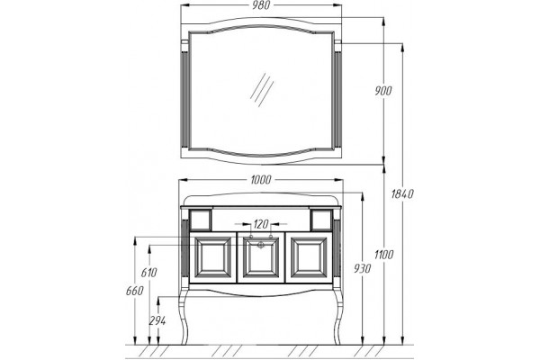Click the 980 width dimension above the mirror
(x=261, y=5)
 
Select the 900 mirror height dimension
(x=383, y=91)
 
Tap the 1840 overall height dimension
(x=402, y=194)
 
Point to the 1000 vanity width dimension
(x=261, y=179)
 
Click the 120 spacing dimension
(x=261, y=224)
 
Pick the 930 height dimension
(x=363, y=268)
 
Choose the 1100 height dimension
(x=383, y=255)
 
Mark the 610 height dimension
(x=148, y=273)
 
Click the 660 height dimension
(x=134, y=291)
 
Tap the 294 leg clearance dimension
(x=157, y=321)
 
